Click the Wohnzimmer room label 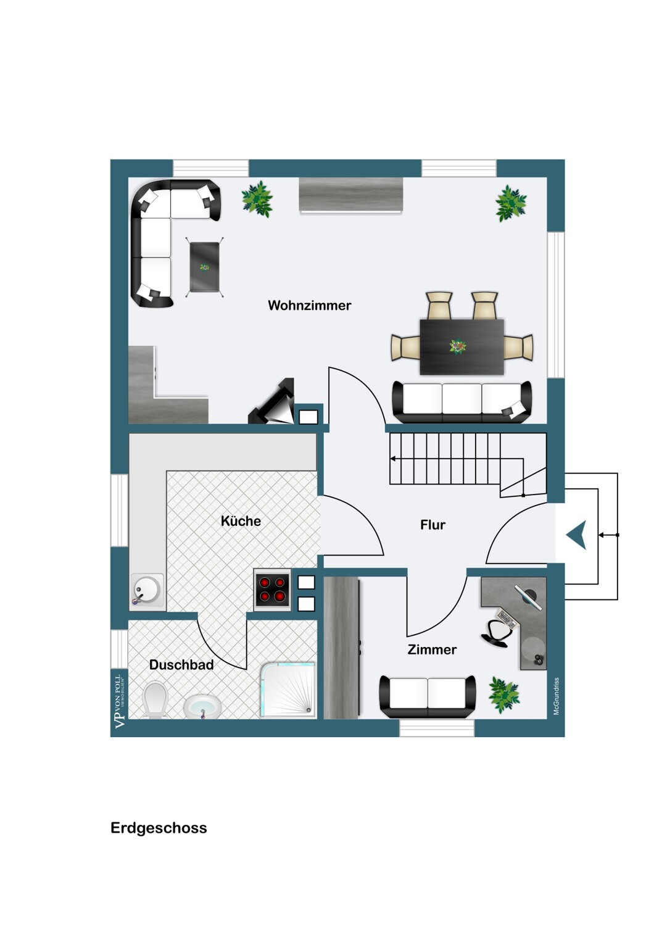tap(310, 306)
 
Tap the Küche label tap(241, 521)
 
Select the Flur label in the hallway tap(433, 525)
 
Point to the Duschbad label tap(181, 665)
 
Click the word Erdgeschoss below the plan tap(159, 828)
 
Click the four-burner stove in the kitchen tap(272, 590)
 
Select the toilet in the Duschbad tap(154, 699)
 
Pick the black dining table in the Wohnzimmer tap(462, 347)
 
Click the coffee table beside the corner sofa tap(204, 267)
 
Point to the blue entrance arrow tap(576, 535)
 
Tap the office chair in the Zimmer tap(497, 633)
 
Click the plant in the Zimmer tap(503, 694)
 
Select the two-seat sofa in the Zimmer tap(428, 696)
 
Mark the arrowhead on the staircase tap(393, 459)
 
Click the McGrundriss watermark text tap(556, 696)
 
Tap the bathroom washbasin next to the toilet tap(202, 707)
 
